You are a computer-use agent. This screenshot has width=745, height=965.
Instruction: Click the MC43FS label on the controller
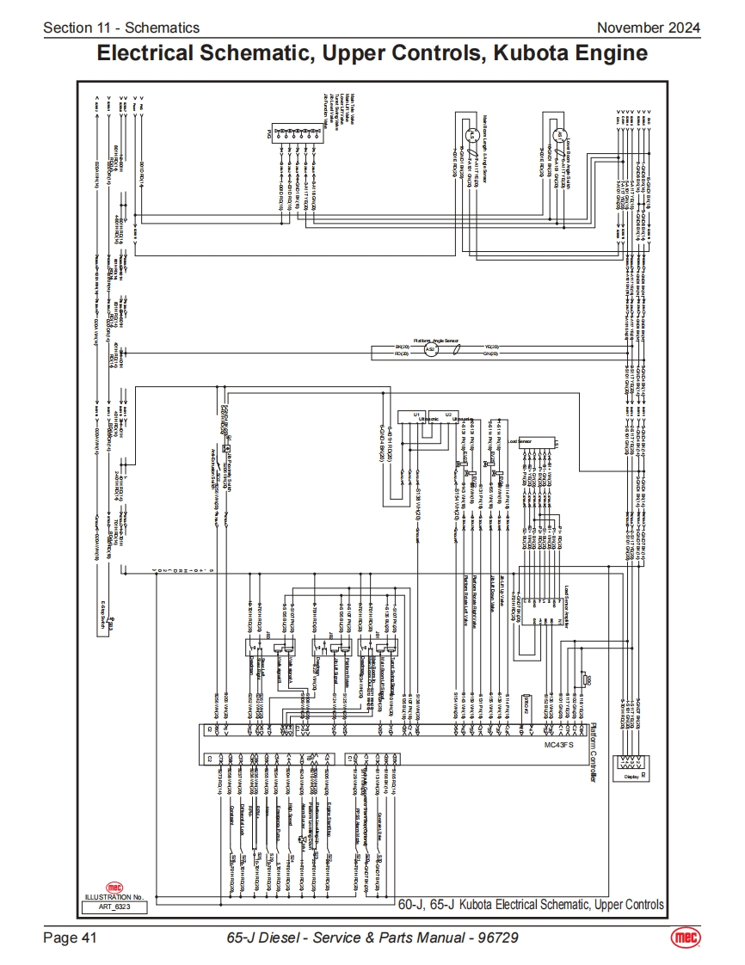pyautogui.click(x=560, y=746)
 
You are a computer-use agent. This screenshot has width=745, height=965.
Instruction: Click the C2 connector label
pyautogui.click(x=209, y=759)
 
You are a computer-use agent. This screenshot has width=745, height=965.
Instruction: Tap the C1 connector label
pyautogui.click(x=348, y=759)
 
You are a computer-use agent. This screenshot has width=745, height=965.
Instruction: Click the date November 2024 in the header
pyautogui.click(x=649, y=28)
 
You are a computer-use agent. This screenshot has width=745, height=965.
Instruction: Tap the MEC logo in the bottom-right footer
pyautogui.click(x=685, y=937)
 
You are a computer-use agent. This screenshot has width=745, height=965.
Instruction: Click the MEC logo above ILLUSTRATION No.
pyautogui.click(x=114, y=887)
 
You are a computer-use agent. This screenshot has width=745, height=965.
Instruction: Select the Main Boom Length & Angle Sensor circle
pyautogui.click(x=471, y=136)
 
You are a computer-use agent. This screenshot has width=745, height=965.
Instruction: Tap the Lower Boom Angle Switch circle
pyautogui.click(x=557, y=135)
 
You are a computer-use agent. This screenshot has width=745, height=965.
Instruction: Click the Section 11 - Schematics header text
pyautogui.click(x=121, y=28)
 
